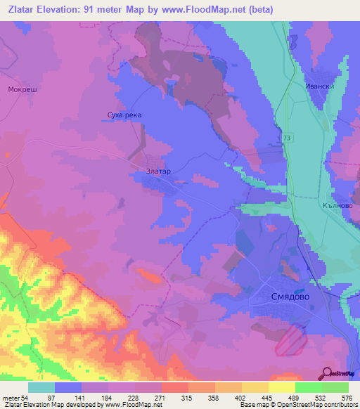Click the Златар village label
158,170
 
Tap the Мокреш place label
21,89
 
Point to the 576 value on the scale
347,398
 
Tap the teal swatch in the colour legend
41,387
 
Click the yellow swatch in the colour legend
281,387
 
